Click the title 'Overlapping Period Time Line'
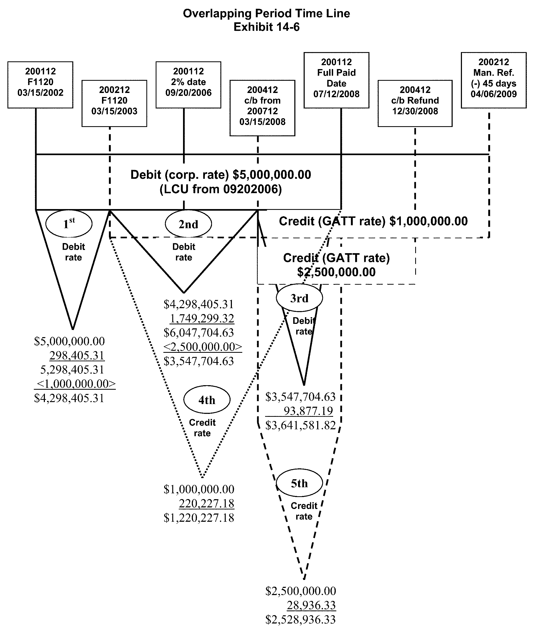pyautogui.click(x=266, y=14)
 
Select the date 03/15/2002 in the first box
pyautogui.click(x=40, y=93)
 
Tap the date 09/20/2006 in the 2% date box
pyautogui.click(x=188, y=93)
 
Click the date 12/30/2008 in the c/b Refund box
pyautogui.click(x=415, y=111)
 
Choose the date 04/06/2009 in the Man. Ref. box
pyautogui.click(x=494, y=94)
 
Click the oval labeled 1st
pyautogui.click(x=69, y=224)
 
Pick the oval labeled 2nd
pyautogui.click(x=188, y=224)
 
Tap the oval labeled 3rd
pyautogui.click(x=299, y=298)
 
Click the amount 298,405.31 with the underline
pyautogui.click(x=77, y=355)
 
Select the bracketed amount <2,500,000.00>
pyautogui.click(x=203, y=347)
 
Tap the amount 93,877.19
pyautogui.click(x=308, y=411)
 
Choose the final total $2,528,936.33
pyautogui.click(x=300, y=619)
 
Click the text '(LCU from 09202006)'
pyautogui.click(x=221, y=189)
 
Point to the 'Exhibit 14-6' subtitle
pyautogui.click(x=266, y=27)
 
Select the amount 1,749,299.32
pyautogui.click(x=202, y=319)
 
